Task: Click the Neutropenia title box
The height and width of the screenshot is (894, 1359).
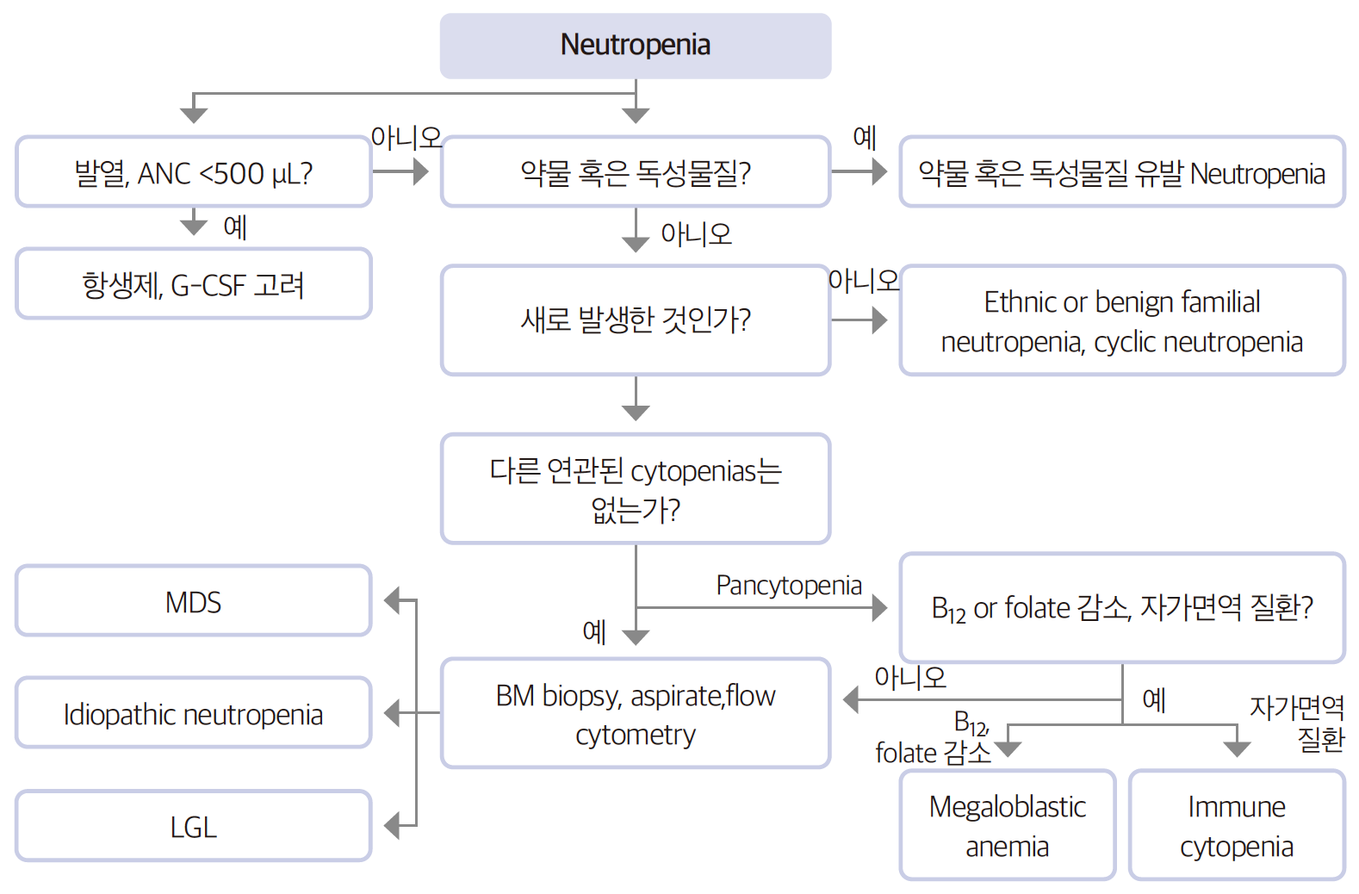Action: point(636,46)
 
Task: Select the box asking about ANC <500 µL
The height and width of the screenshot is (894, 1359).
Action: point(194,172)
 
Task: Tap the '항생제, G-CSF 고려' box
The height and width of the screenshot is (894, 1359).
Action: point(194,284)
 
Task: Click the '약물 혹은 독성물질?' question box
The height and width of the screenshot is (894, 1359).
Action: point(636,172)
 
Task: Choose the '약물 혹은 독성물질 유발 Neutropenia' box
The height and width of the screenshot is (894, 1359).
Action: point(1121,172)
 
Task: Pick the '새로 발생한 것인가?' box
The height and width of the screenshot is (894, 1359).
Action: point(636,320)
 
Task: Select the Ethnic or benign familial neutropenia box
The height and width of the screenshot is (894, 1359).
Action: point(1121,320)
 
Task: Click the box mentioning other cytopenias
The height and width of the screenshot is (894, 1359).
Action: point(636,489)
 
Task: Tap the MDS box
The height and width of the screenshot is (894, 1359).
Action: point(194,601)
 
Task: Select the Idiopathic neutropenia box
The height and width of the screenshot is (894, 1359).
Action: point(194,713)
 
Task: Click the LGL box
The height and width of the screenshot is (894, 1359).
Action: point(194,826)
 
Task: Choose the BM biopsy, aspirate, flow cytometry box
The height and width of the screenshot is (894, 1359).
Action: point(636,713)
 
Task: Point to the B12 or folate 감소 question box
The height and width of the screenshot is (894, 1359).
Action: point(1121,608)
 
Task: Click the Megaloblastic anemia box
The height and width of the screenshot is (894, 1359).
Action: point(1007,825)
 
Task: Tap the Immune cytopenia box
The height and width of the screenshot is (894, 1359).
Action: point(1236,825)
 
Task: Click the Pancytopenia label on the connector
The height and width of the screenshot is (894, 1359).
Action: point(788,586)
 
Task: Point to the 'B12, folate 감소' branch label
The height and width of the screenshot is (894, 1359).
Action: point(934,739)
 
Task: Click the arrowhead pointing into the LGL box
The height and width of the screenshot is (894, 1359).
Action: point(392,826)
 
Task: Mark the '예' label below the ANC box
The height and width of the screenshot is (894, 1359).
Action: point(234,227)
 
